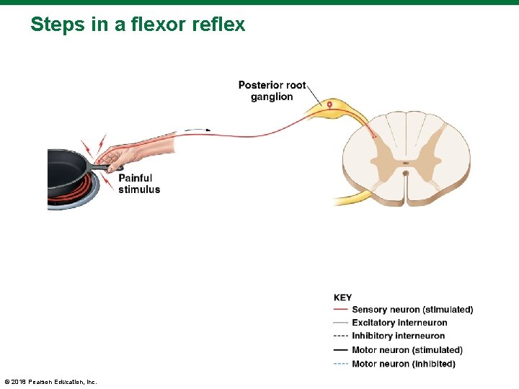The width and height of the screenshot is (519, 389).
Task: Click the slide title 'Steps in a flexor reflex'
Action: [138, 24]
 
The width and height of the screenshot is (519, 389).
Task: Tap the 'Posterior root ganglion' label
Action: [272, 91]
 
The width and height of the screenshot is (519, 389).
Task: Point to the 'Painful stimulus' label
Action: [139, 184]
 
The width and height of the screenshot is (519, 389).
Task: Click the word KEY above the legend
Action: [343, 298]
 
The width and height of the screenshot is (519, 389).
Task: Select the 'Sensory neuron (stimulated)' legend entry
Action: [412, 310]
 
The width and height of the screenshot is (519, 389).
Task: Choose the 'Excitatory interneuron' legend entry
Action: [399, 323]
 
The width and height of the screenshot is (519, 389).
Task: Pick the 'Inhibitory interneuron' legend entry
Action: [398, 336]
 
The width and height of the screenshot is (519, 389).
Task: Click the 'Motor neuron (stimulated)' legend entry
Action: [407, 350]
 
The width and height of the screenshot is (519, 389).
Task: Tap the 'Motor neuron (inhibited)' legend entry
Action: [404, 364]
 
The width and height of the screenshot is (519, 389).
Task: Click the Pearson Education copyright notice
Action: [50, 381]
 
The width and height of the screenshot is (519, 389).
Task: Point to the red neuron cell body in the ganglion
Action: [330, 105]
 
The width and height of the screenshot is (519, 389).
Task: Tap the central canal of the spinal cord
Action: [406, 173]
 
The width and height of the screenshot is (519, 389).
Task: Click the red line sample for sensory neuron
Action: [341, 310]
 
